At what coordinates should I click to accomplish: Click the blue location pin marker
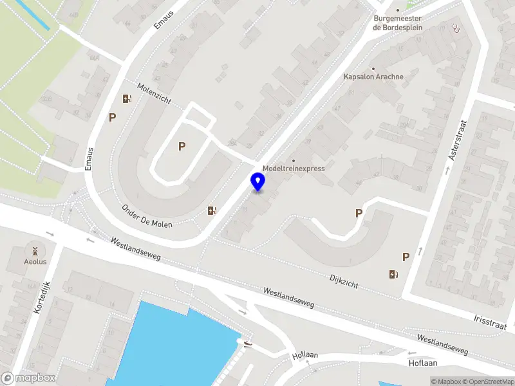pos(258,182)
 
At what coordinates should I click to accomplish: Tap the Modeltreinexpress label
pos(294,169)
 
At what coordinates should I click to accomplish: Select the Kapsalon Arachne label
pos(373,77)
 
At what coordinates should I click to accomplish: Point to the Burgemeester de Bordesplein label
pos(397,23)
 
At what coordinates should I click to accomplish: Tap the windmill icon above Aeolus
pos(35,251)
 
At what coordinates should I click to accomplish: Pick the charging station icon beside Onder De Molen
pos(212,210)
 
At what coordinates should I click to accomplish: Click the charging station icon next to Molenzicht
pos(127,99)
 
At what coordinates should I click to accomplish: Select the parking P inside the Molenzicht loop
pos(182,147)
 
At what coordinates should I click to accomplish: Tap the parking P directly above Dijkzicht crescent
pos(359,213)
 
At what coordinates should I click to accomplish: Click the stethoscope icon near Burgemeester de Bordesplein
pos(456,28)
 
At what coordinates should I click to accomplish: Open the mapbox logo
pos(29,378)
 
